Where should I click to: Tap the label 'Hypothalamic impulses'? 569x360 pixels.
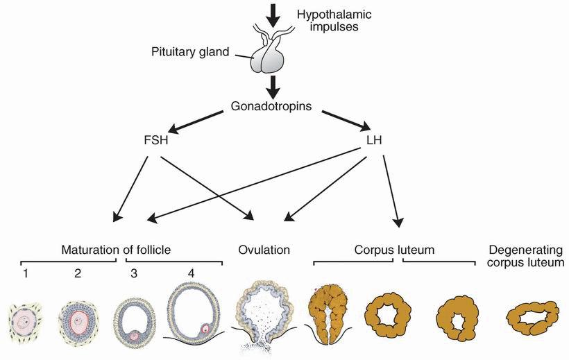tap(326, 21)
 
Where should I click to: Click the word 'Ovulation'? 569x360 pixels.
tap(264, 249)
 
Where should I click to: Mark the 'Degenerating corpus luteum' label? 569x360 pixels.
tap(526, 256)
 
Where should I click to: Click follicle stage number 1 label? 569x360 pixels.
tap(24, 273)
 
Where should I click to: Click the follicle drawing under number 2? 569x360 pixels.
tap(78, 321)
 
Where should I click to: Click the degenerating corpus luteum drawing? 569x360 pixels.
tap(533, 320)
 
